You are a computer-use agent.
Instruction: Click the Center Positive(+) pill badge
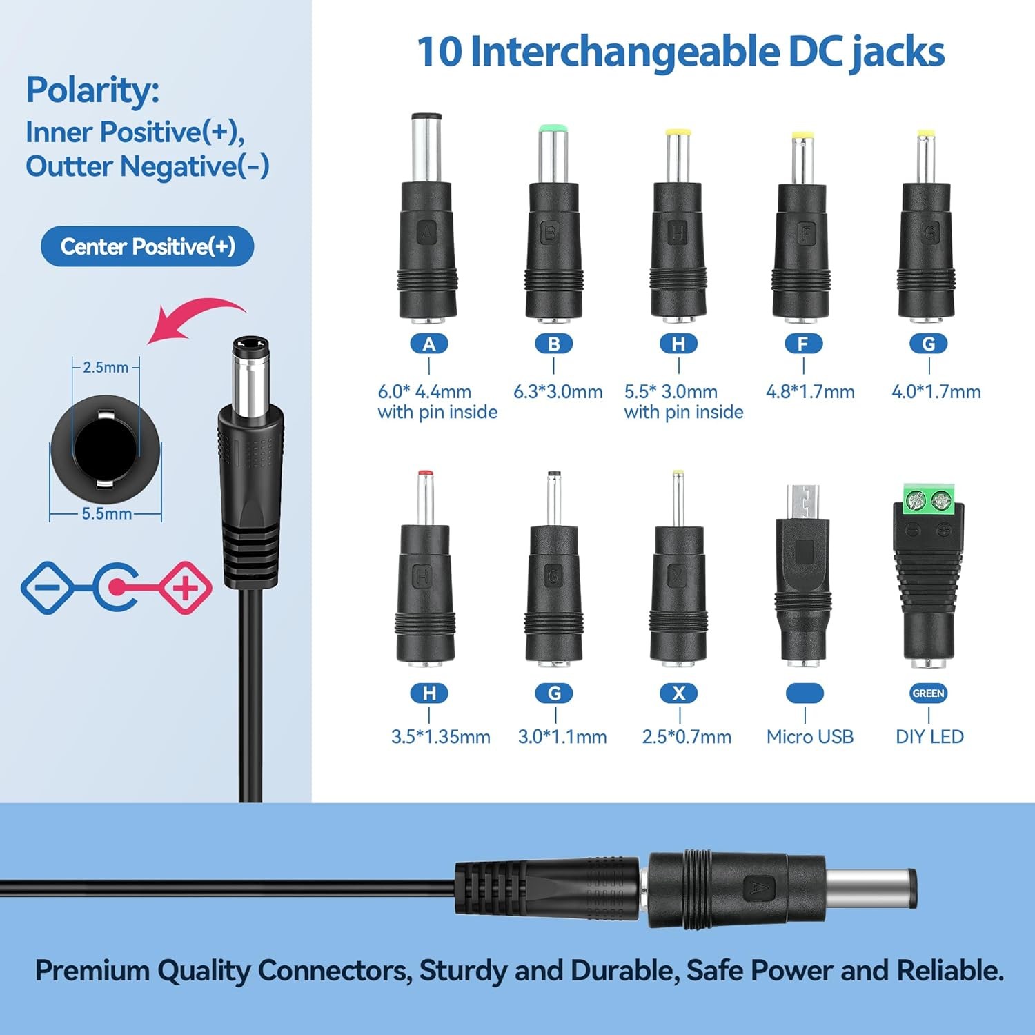147,246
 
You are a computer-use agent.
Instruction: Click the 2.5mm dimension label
106,367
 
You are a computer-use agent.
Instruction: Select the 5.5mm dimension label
106,513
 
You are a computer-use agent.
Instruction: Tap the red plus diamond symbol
186,588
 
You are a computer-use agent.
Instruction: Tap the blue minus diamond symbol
47,588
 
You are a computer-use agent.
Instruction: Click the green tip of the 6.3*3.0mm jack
553,128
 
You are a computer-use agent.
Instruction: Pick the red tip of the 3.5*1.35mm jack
426,475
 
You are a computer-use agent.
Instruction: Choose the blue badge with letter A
429,344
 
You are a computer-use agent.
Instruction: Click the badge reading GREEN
928,693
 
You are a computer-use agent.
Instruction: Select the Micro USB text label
809,737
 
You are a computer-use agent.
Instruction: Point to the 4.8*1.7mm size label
810,392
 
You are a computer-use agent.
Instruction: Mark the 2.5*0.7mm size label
687,737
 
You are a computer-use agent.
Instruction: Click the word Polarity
92,90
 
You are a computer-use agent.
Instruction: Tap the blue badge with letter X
679,693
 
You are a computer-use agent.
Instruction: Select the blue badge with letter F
804,344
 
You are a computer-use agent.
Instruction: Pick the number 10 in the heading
439,52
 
